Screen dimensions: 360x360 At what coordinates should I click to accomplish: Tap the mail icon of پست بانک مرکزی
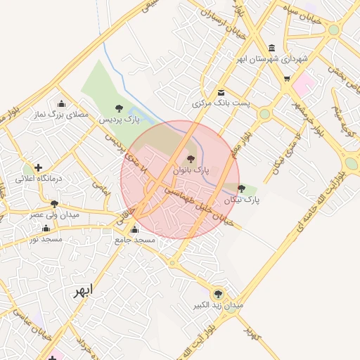click(221, 92)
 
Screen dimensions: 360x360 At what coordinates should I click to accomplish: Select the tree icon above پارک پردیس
click(118, 108)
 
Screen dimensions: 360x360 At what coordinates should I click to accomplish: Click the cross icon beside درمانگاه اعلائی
click(38, 167)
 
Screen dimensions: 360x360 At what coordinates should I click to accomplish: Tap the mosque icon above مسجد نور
click(46, 228)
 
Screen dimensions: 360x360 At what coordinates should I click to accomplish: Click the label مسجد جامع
click(135, 240)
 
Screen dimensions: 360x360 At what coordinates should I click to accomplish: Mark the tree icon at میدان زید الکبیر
click(218, 294)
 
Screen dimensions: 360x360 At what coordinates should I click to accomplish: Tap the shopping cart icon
click(287, 78)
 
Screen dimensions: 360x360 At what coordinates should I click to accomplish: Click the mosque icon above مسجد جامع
click(135, 229)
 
